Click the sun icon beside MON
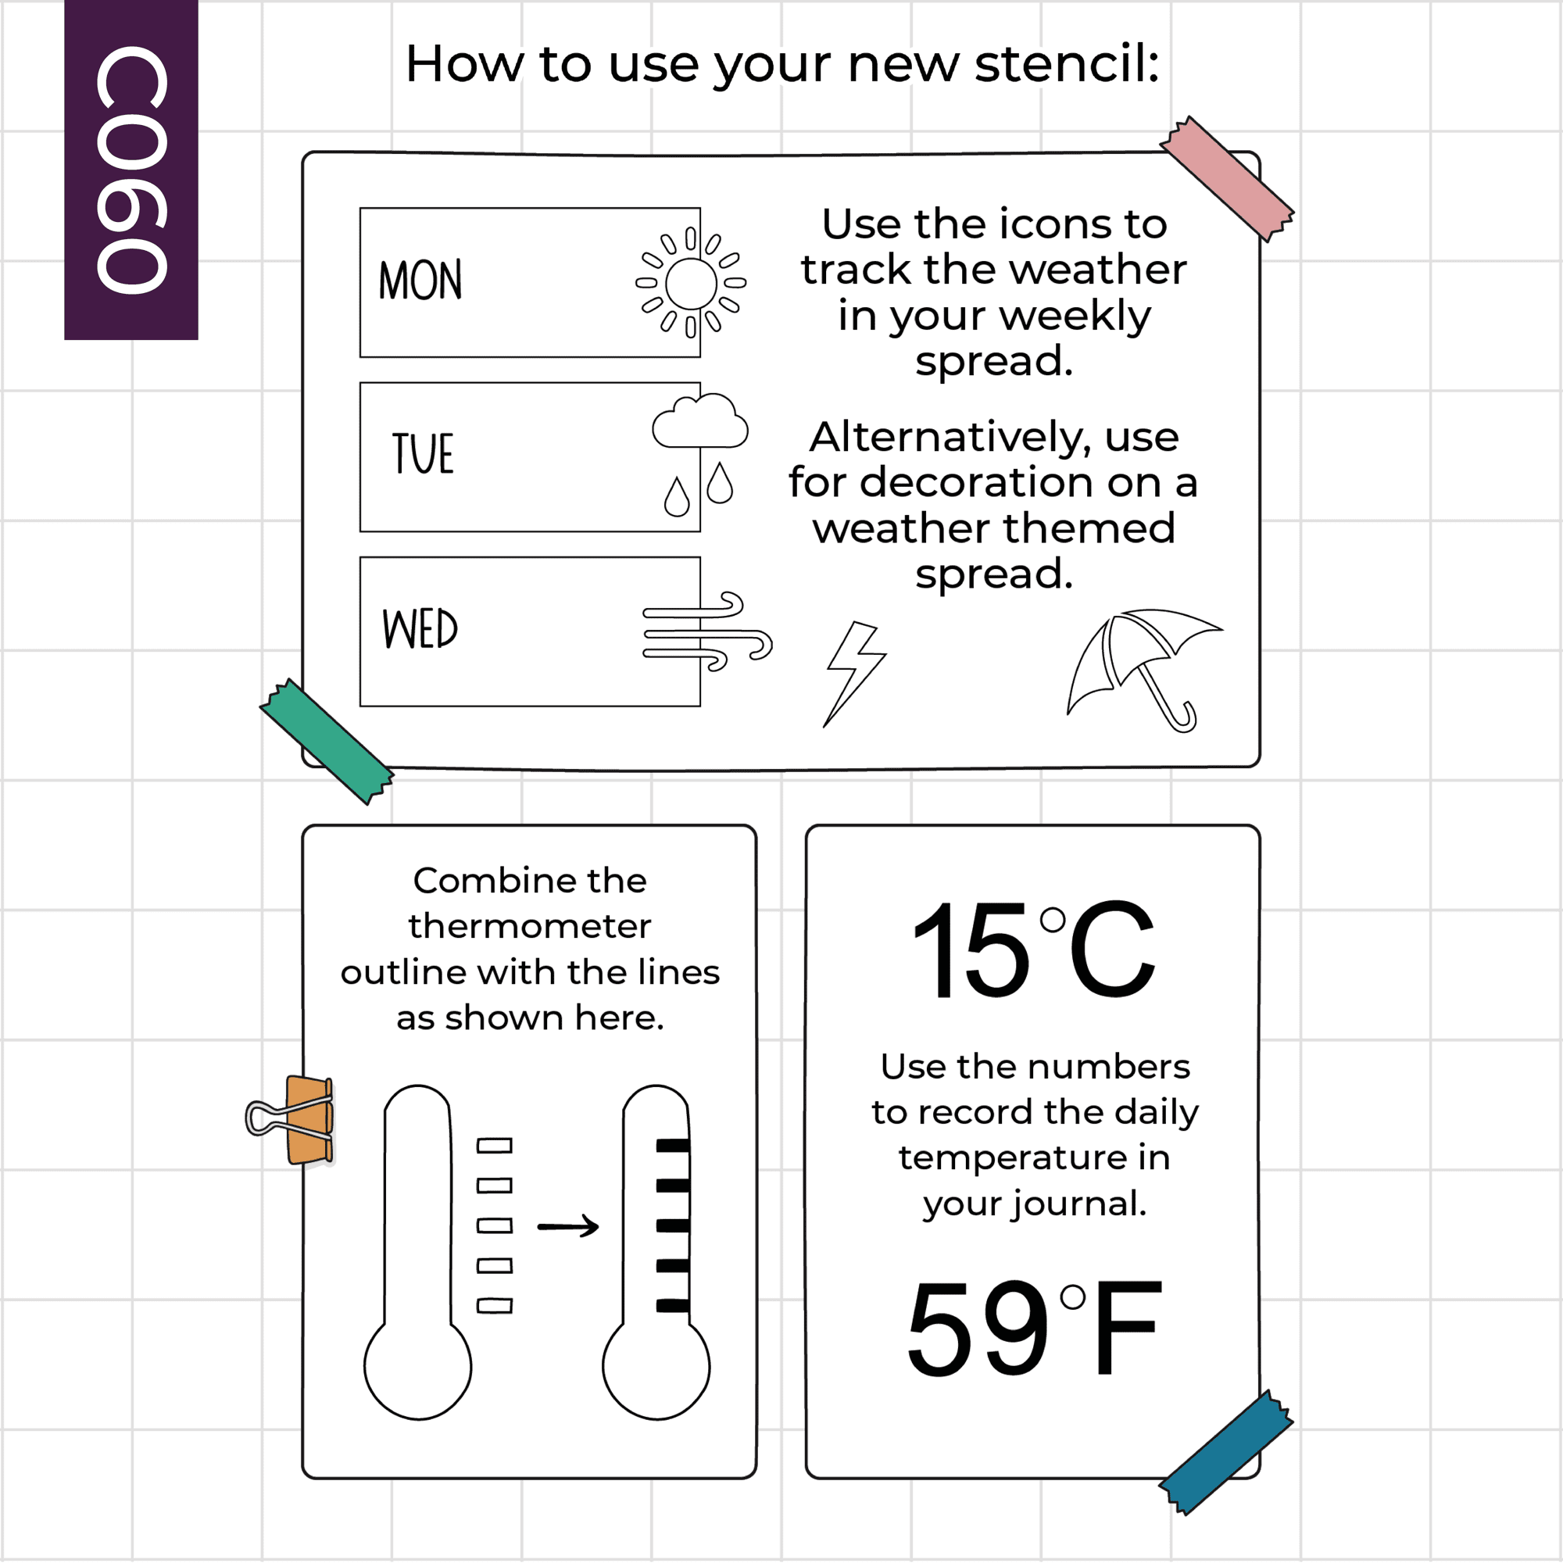pyautogui.click(x=691, y=282)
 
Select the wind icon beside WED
pyautogui.click(x=707, y=631)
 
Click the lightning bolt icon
pyautogui.click(x=856, y=674)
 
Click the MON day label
pyautogui.click(x=420, y=281)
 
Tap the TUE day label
pyautogui.click(x=422, y=453)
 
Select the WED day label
pyautogui.click(x=420, y=628)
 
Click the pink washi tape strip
pyautogui.click(x=1227, y=179)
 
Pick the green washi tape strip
pyautogui.click(x=327, y=741)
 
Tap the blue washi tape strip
pyautogui.click(x=1226, y=1454)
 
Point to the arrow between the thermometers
pyautogui.click(x=568, y=1227)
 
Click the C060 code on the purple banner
pyautogui.click(x=131, y=169)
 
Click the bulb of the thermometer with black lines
pyautogui.click(x=656, y=1366)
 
